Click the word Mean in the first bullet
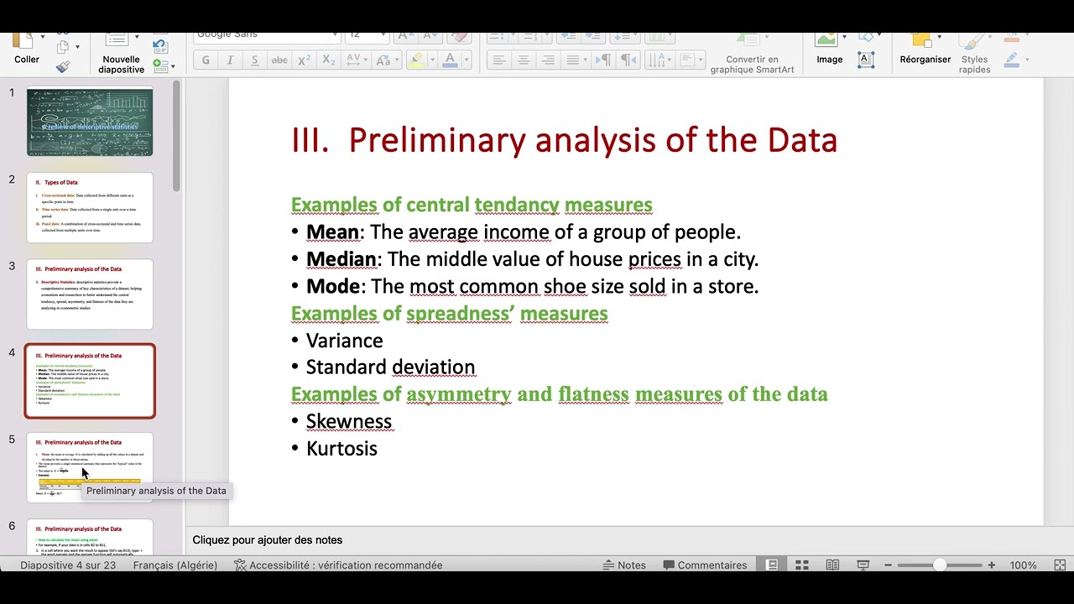pyautogui.click(x=332, y=232)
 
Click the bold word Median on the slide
pyautogui.click(x=341, y=259)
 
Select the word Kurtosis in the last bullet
pyautogui.click(x=341, y=449)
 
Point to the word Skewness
pyautogui.click(x=348, y=421)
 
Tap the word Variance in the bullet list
pyautogui.click(x=344, y=341)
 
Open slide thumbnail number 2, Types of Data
pyautogui.click(x=90, y=207)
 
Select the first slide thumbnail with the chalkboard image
pyautogui.click(x=90, y=122)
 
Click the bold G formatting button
pyautogui.click(x=206, y=60)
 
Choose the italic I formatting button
pyautogui.click(x=230, y=60)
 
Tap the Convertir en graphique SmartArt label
pyautogui.click(x=752, y=65)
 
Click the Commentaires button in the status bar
pyautogui.click(x=704, y=565)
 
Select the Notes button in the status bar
pyautogui.click(x=624, y=565)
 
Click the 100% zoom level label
pyautogui.click(x=1023, y=565)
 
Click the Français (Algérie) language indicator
pyautogui.click(x=175, y=565)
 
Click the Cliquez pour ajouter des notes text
pyautogui.click(x=267, y=540)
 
